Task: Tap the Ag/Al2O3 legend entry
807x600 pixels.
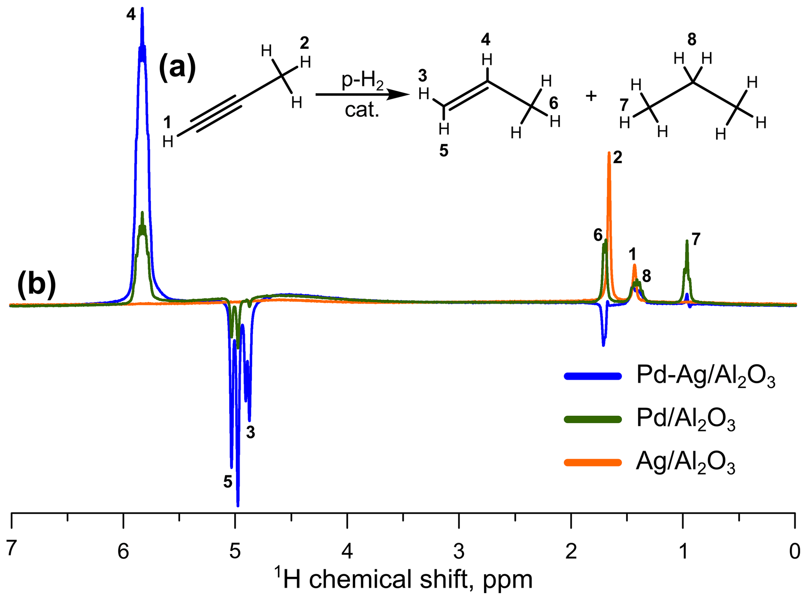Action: click(686, 463)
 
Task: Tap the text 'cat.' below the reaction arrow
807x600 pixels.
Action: click(362, 110)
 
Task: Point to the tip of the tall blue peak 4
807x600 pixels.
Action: click(142, 9)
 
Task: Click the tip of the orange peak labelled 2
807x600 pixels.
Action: click(609, 153)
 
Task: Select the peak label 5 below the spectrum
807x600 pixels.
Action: click(228, 482)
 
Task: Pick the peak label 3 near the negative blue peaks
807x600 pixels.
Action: click(250, 432)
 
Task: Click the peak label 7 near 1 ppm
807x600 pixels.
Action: click(696, 239)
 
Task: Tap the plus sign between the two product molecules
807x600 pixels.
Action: click(591, 96)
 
